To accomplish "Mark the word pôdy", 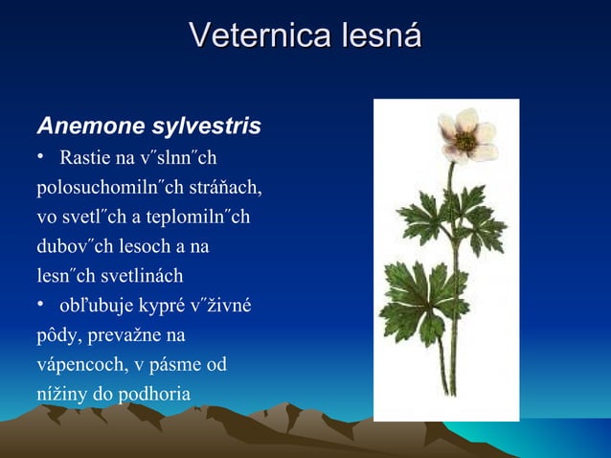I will click(57, 336).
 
